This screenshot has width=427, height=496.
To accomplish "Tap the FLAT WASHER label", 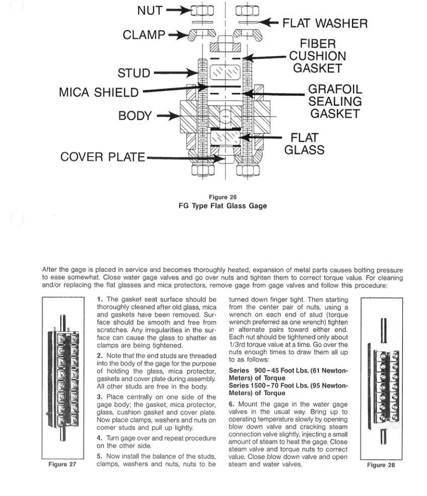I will [325, 24].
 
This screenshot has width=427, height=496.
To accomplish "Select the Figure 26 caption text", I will [223, 197].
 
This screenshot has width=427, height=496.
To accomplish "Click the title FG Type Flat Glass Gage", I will [223, 206].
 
